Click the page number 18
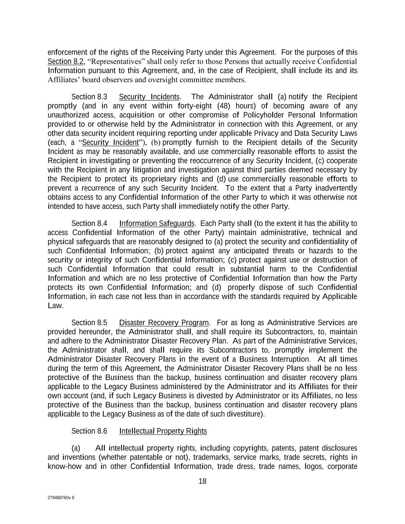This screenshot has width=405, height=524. [202, 481]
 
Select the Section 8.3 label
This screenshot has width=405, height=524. [89, 97]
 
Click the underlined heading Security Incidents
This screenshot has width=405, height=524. [149, 97]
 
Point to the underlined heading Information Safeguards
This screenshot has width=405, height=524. [157, 223]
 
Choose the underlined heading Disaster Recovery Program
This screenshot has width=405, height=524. [164, 322]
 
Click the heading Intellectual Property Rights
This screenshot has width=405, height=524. [163, 431]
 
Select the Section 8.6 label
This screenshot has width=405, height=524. [89, 431]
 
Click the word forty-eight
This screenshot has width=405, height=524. [196, 106]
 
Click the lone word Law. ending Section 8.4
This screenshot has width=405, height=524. [55, 306]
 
